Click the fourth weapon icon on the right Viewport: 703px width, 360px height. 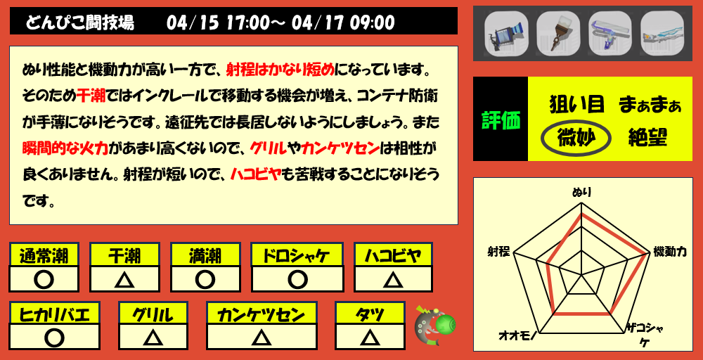pyautogui.click(x=661, y=33)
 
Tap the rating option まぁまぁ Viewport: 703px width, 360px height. pyautogui.click(x=650, y=105)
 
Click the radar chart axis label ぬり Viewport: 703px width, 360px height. pyautogui.click(x=581, y=191)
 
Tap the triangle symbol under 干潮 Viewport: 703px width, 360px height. pyautogui.click(x=124, y=280)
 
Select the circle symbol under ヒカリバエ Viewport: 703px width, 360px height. pyautogui.click(x=54, y=337)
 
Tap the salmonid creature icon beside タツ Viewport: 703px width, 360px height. pyautogui.click(x=434, y=326)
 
